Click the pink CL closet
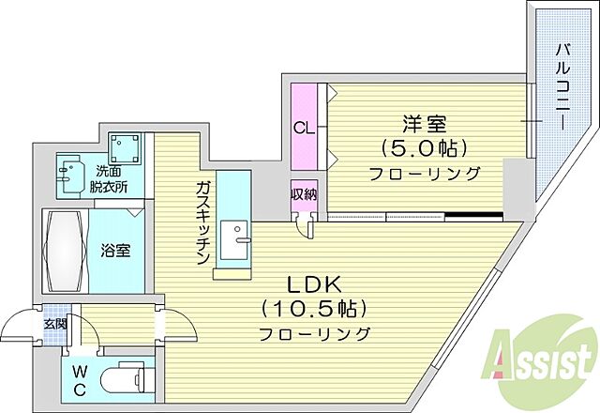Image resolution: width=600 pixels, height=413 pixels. [305, 128]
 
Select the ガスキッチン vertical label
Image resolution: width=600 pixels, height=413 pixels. [202, 224]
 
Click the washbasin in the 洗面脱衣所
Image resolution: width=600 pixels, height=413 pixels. [70, 173]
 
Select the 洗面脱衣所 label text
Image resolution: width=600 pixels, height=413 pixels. [111, 179]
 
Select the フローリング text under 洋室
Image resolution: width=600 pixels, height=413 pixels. [424, 173]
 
